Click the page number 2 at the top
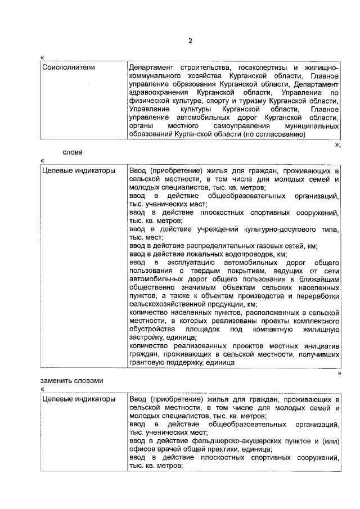tap(190, 41)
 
